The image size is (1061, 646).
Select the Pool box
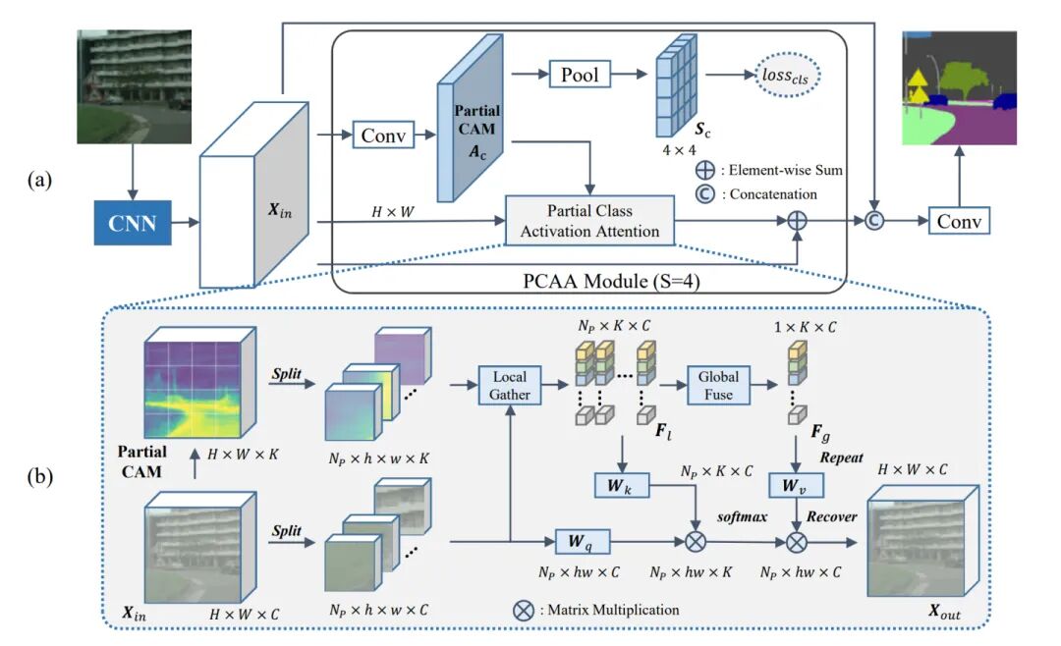[579, 74]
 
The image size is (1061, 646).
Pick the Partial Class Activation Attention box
[589, 222]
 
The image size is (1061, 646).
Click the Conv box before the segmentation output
[959, 220]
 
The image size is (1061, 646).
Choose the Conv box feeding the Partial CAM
[382, 135]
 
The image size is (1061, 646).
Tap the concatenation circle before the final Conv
[873, 221]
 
